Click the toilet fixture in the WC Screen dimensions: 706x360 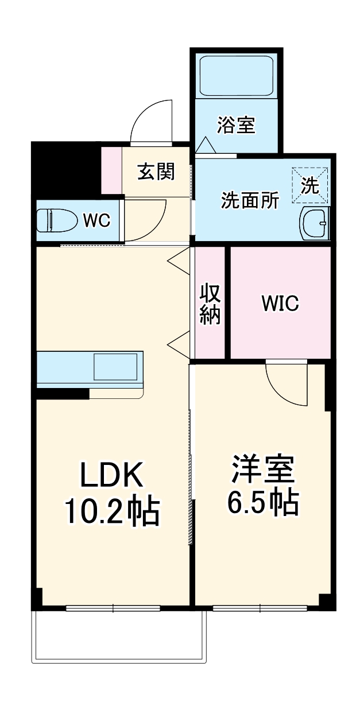point(57,220)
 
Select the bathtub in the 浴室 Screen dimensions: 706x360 point(236,76)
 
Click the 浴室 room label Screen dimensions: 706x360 point(236,125)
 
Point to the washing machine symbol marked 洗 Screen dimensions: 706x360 point(310,185)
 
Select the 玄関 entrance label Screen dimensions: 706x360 point(156,171)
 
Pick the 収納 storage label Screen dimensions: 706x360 point(210,304)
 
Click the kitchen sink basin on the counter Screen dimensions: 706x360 point(115,366)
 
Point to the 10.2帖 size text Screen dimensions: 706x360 point(111,511)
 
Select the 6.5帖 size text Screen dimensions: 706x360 point(262,503)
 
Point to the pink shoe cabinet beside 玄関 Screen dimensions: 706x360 point(111,170)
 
